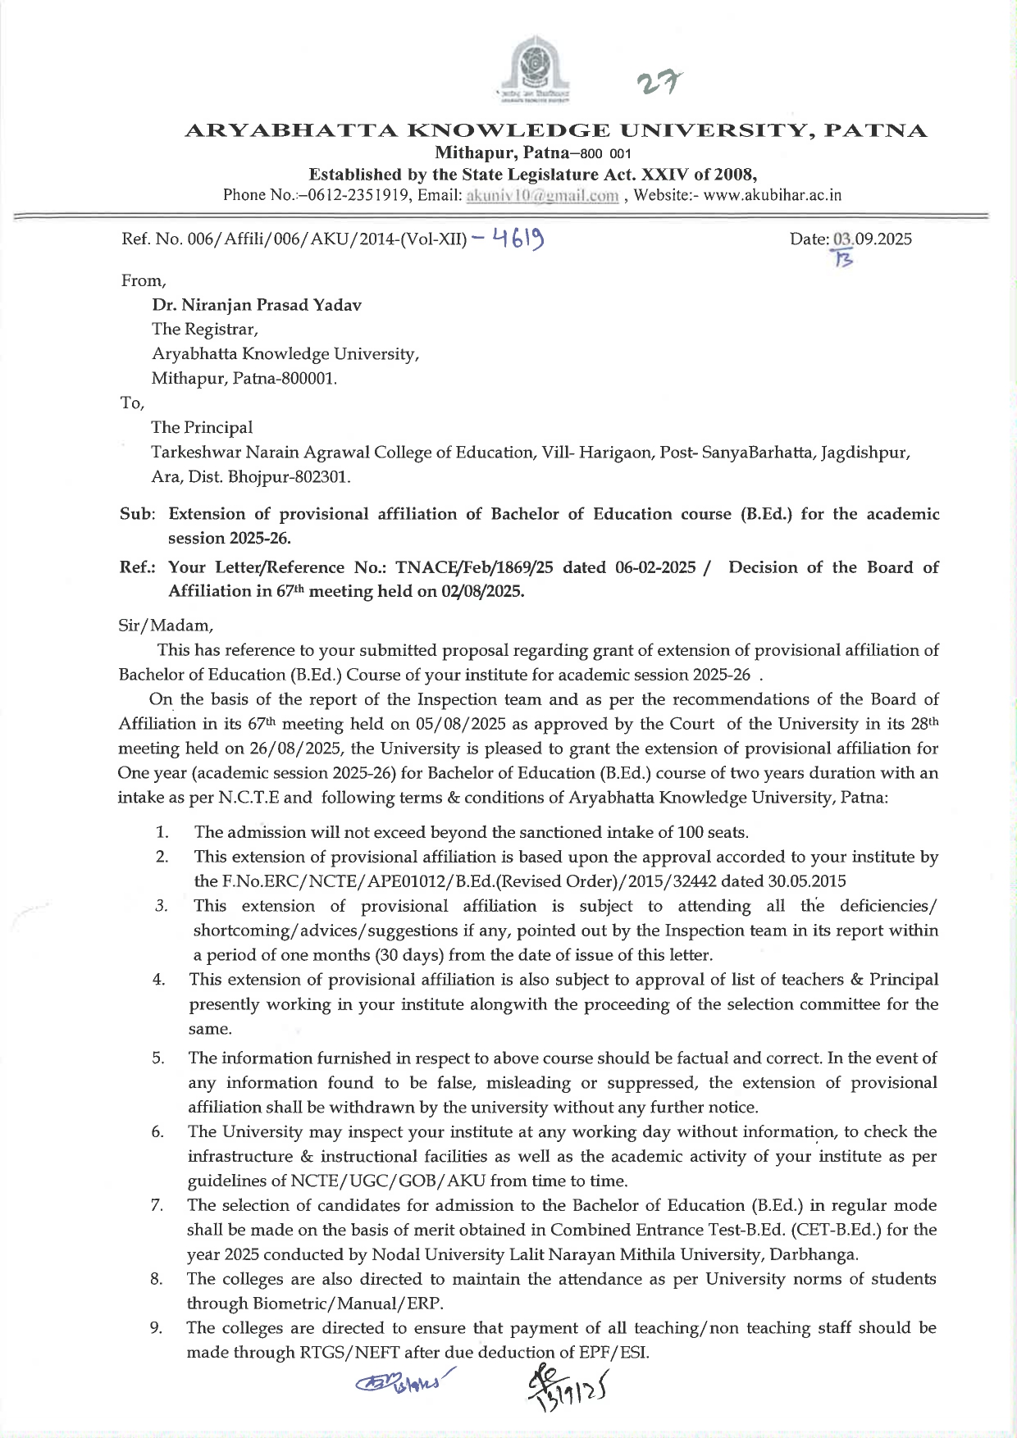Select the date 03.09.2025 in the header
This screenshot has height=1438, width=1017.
(872, 239)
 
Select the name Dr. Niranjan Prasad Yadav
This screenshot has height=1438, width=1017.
(256, 305)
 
